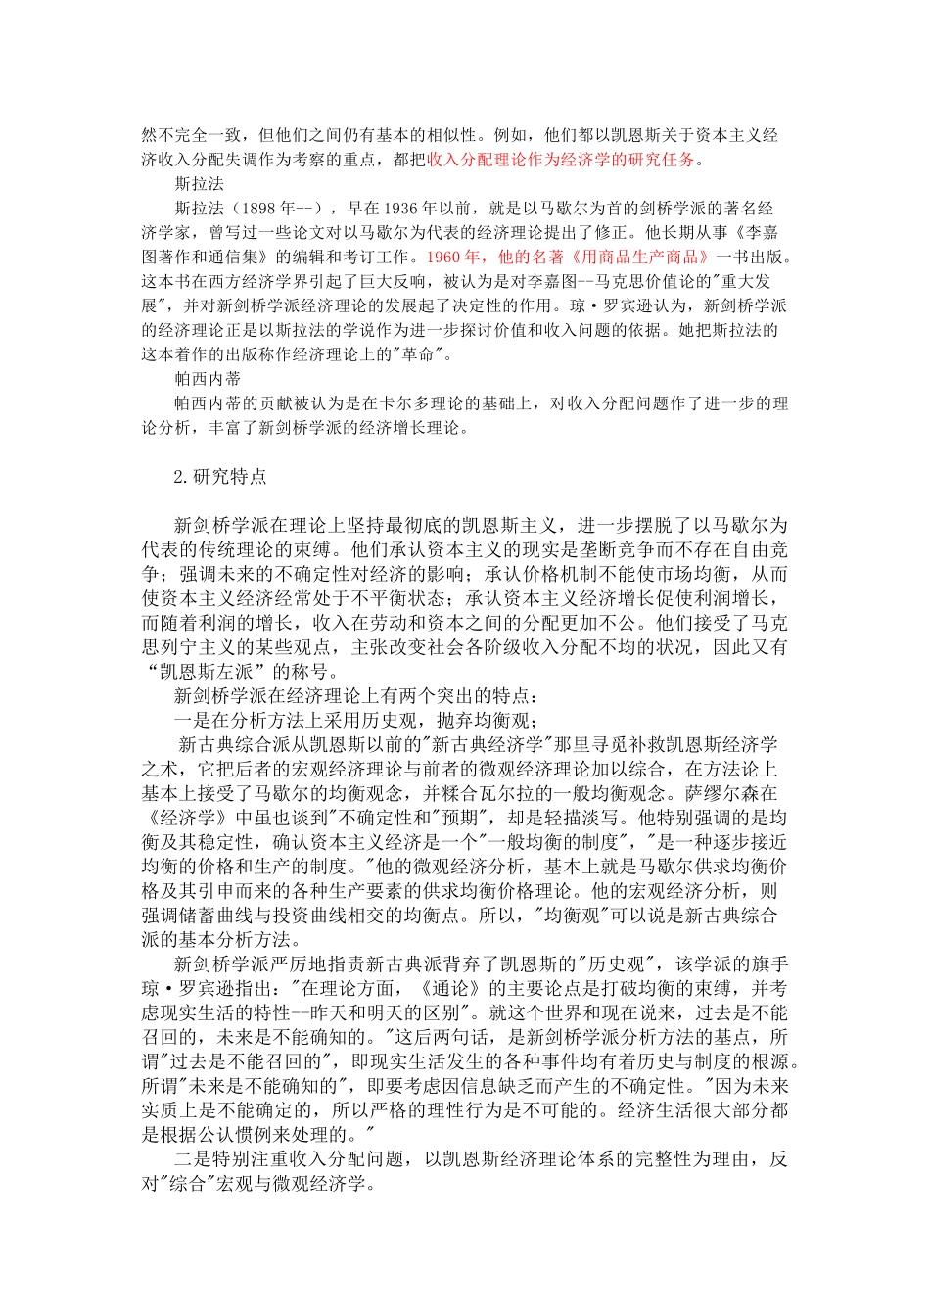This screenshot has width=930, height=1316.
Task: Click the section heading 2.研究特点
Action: tap(219, 477)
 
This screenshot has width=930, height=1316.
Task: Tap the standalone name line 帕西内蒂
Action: tap(208, 379)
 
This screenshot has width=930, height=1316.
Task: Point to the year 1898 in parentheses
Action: tap(259, 209)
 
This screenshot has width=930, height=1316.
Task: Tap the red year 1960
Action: tap(452, 258)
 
